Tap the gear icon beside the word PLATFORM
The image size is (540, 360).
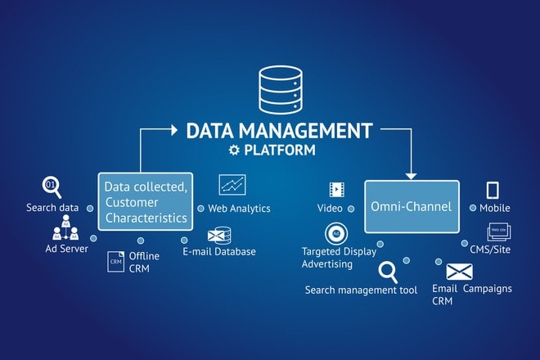(236, 151)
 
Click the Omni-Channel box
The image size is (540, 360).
(410, 206)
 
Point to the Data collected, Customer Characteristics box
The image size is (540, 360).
(146, 200)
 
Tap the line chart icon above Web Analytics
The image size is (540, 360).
(232, 185)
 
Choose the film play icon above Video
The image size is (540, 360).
(335, 190)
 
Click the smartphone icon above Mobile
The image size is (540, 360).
(493, 190)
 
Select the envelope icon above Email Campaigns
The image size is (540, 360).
(460, 271)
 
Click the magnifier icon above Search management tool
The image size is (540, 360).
(389, 270)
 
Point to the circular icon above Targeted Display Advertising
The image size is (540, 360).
(334, 232)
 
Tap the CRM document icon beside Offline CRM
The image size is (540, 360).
(115, 261)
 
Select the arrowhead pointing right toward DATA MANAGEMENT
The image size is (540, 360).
(173, 128)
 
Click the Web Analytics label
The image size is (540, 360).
(239, 209)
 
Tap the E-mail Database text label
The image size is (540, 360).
(219, 252)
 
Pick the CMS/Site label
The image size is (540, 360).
(490, 249)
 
